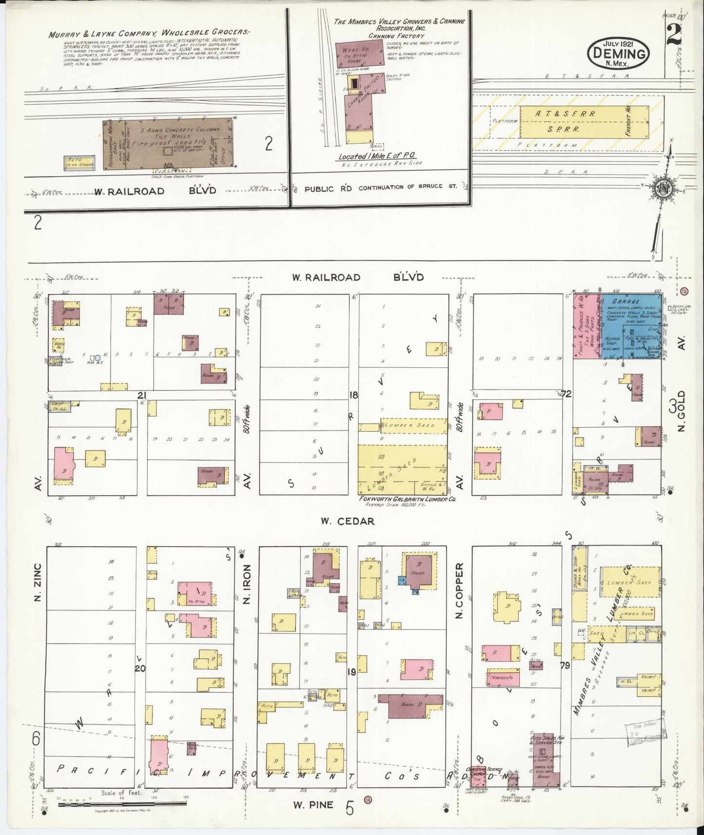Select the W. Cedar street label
tap(347, 521)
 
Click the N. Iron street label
tap(247, 584)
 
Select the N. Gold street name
tap(681, 410)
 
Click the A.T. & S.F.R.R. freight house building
tap(584, 121)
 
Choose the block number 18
tap(354, 395)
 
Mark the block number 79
tap(565, 666)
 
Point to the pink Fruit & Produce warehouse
tap(586, 326)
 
